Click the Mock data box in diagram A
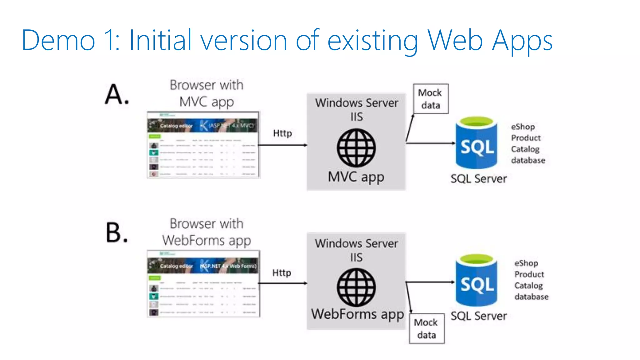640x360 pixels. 430,99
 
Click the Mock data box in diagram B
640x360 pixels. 427,328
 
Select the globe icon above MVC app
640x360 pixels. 356,148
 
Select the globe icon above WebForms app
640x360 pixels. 356,287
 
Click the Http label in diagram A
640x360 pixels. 282,133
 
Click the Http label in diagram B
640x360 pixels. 282,273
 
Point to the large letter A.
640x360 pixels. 116,94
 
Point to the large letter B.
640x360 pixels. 116,232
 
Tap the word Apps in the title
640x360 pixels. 522,41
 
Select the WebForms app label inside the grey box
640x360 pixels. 357,314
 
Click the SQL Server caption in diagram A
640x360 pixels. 478,179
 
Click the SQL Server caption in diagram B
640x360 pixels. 478,316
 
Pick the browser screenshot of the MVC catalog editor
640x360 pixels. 203,145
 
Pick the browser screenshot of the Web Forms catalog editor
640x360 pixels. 203,284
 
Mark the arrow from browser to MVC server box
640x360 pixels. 282,145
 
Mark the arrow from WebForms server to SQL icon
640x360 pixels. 430,282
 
